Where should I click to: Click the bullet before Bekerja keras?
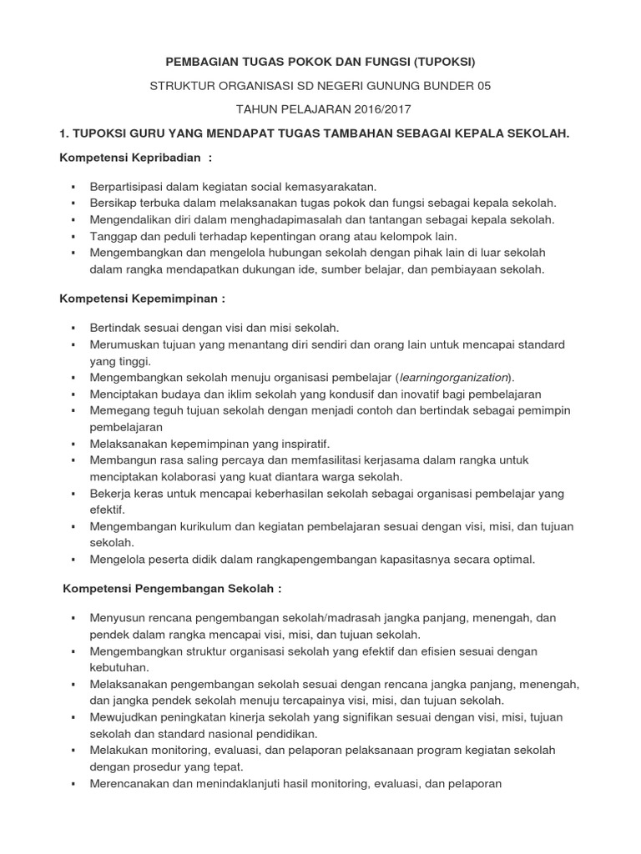73,494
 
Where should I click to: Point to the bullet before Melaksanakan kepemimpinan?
73,444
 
